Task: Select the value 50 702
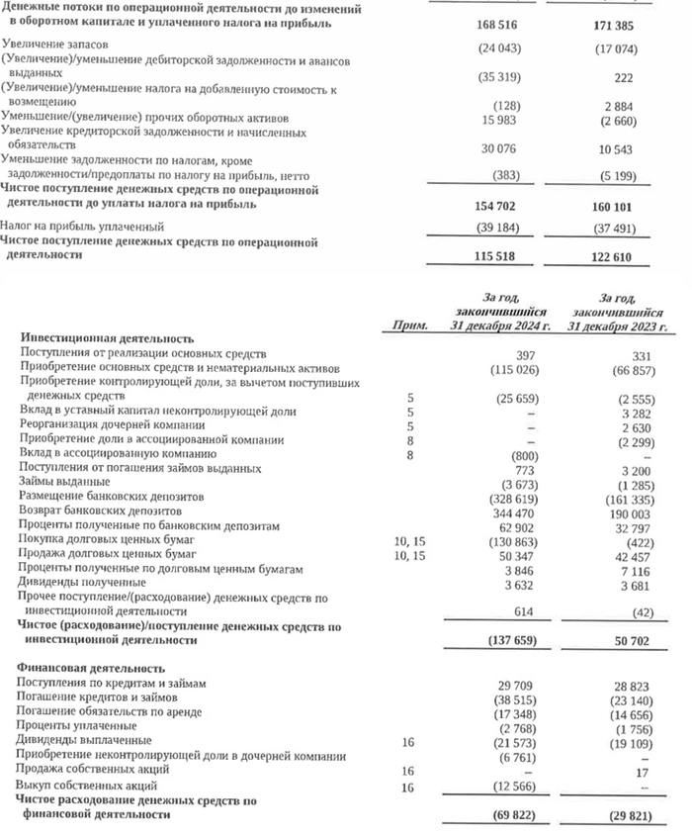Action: (x=633, y=640)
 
